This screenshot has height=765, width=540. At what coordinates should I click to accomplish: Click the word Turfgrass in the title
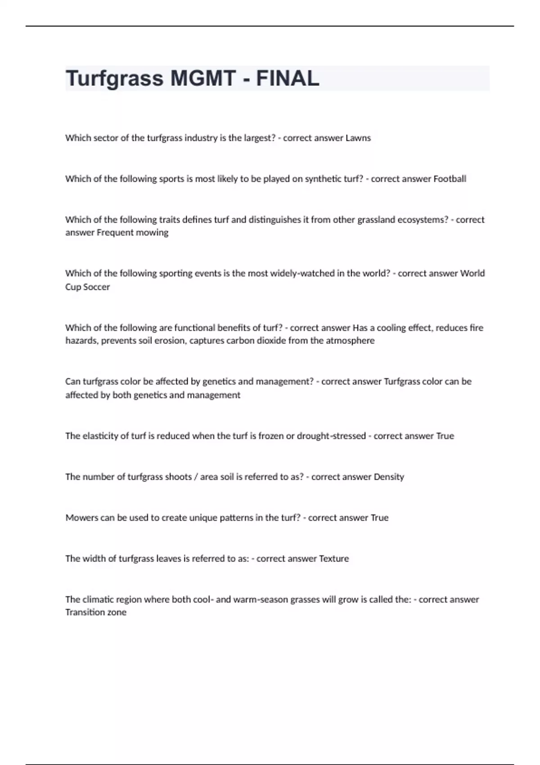pyautogui.click(x=114, y=79)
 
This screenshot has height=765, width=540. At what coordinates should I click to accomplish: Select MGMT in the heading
pyautogui.click(x=203, y=79)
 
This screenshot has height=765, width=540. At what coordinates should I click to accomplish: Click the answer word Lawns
pyautogui.click(x=358, y=138)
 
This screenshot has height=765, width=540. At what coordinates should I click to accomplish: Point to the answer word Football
pyautogui.click(x=450, y=179)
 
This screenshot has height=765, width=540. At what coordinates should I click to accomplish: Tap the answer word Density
pyautogui.click(x=389, y=477)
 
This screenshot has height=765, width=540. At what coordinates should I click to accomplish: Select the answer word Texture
pyautogui.click(x=334, y=559)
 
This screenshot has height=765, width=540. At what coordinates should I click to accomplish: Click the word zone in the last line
pyautogui.click(x=117, y=612)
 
